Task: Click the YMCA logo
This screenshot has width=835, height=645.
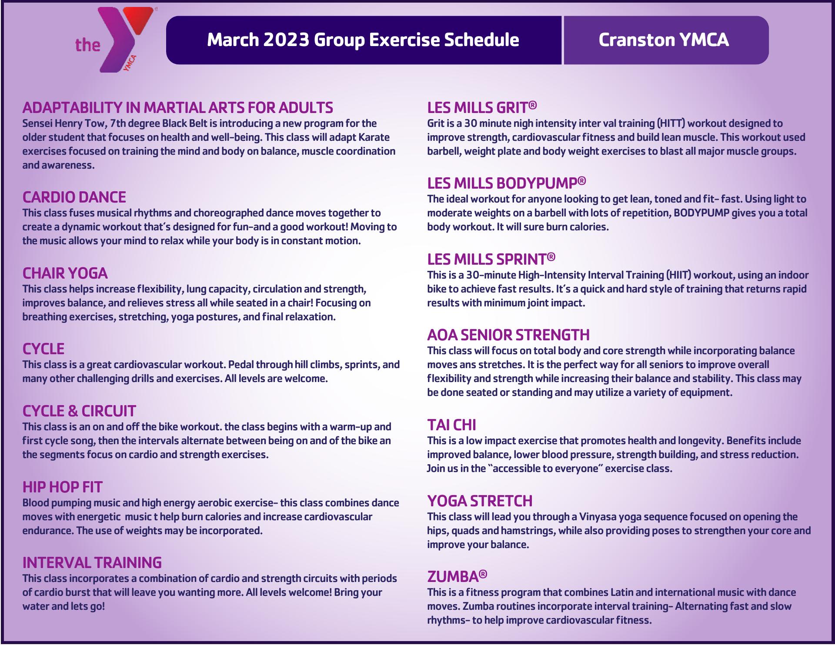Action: point(114,40)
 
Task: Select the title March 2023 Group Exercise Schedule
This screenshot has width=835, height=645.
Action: point(363,40)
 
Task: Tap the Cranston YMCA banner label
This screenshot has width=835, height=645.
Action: point(664,40)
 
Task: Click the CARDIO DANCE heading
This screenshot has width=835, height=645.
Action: point(74,197)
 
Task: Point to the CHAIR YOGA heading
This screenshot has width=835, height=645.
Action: point(65,273)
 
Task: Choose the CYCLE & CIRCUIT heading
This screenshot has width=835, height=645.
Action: point(79,411)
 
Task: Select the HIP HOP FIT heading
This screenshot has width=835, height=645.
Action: point(63,487)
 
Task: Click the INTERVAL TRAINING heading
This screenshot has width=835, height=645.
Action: point(92,563)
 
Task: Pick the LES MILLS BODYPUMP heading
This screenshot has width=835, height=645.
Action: point(507,183)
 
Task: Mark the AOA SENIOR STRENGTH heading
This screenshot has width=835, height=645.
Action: point(508,335)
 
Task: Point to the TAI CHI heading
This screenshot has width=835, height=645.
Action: point(451,425)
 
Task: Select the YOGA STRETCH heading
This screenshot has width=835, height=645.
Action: point(480,501)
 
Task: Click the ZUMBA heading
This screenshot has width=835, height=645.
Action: point(457,577)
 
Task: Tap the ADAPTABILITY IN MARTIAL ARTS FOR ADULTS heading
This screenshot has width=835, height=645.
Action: point(178,107)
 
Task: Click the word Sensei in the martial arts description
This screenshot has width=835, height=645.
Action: point(37,123)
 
